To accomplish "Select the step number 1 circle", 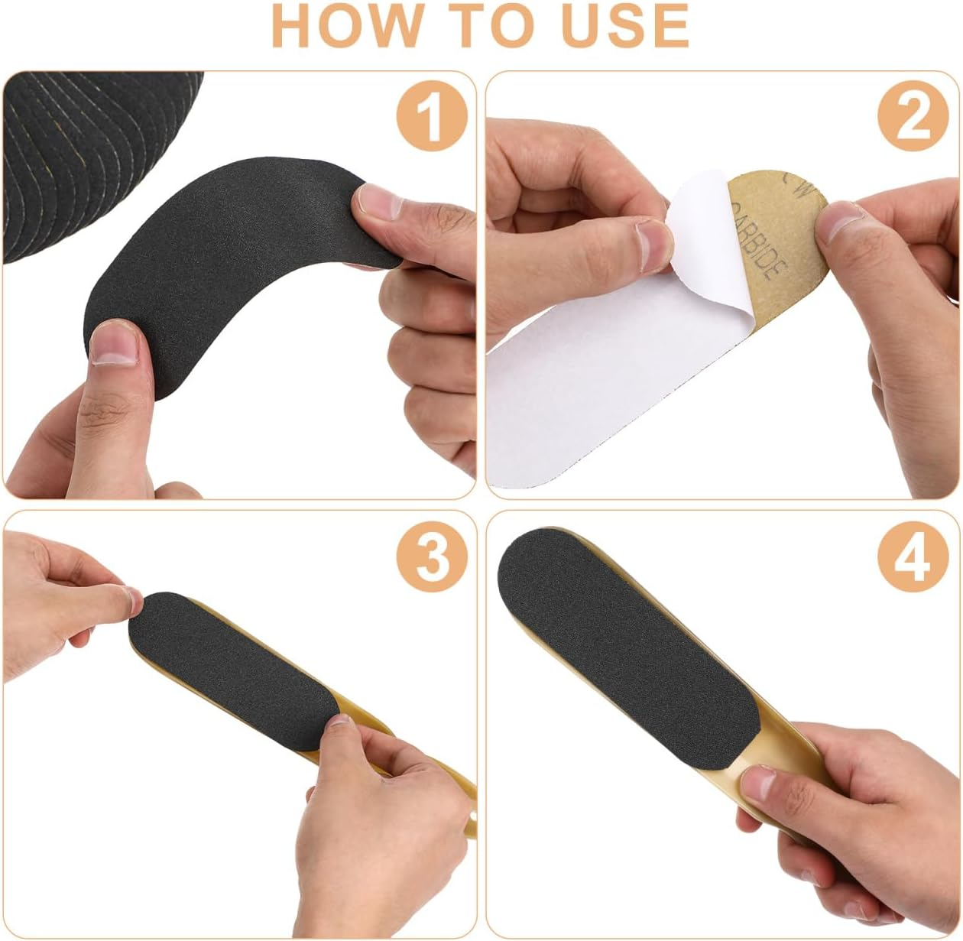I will (431, 117).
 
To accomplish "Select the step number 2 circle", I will (913, 117).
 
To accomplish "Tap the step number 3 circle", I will (431, 556).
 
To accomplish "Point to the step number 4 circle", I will (913, 556).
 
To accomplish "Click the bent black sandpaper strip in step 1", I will (229, 283).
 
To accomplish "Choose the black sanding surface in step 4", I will (634, 634).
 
